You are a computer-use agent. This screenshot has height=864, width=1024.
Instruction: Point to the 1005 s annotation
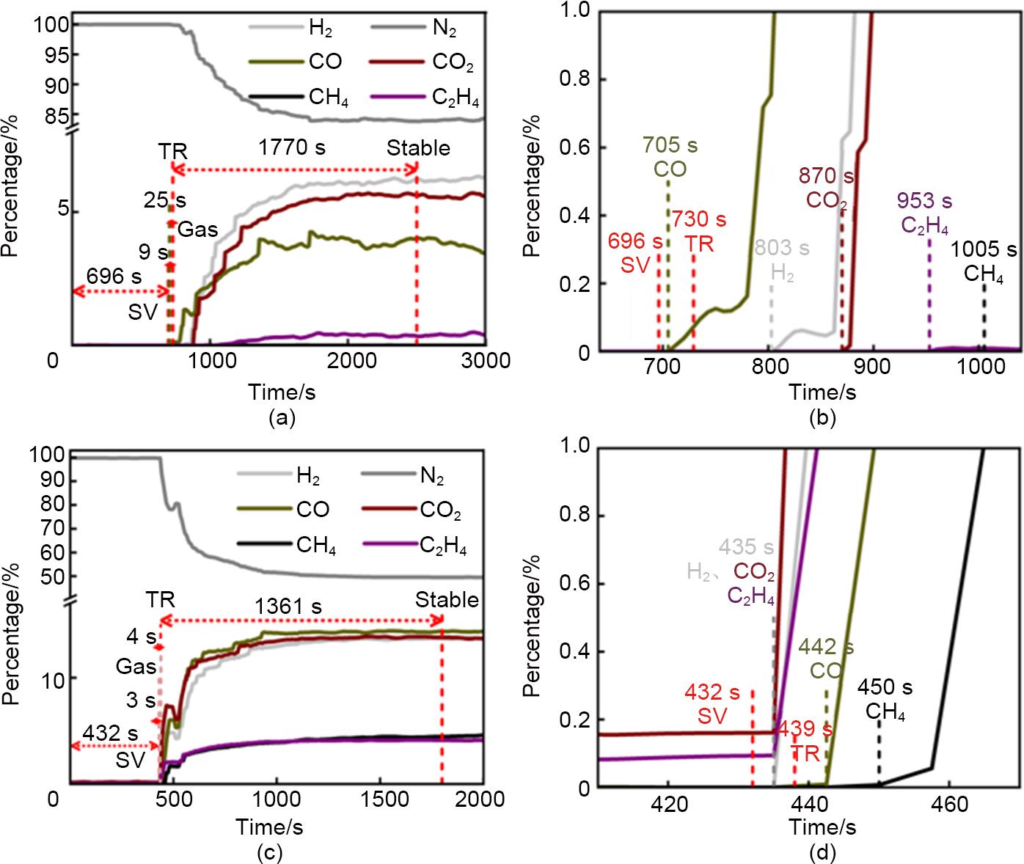click(x=984, y=250)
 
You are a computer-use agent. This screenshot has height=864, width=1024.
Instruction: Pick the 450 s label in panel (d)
click(x=885, y=688)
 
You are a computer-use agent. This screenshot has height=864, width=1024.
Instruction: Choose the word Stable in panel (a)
click(x=418, y=148)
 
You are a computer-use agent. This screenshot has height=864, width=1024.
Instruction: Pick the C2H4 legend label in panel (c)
click(x=443, y=546)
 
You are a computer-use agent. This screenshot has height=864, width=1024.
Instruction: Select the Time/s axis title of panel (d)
click(x=822, y=827)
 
